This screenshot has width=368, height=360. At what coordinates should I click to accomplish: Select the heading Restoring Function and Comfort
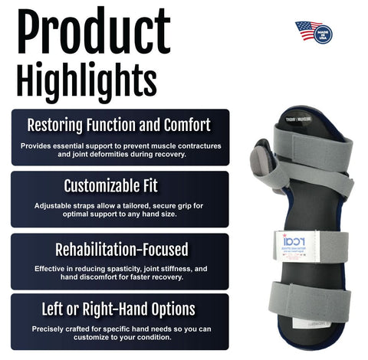click(120, 124)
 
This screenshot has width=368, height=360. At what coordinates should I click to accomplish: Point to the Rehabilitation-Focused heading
click(120, 249)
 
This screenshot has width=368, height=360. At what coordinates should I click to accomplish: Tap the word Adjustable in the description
click(54, 205)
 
